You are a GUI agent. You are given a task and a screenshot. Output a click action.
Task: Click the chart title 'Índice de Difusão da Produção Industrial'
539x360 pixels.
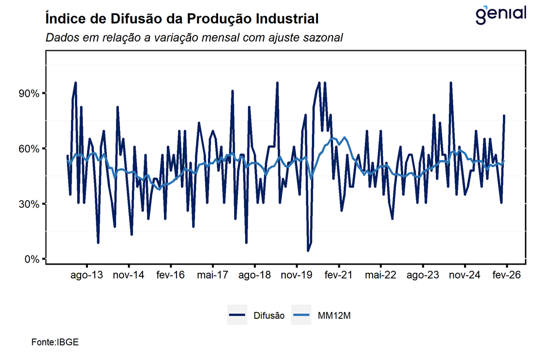coord(181,19)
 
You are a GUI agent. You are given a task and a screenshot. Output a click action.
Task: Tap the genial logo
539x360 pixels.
coord(501,15)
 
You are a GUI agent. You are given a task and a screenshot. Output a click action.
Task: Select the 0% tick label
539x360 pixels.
coord(31,260)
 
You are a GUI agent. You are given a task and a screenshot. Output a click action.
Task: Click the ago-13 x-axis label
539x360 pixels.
coord(87,275)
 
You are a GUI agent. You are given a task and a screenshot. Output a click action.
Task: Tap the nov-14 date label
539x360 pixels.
coord(129,275)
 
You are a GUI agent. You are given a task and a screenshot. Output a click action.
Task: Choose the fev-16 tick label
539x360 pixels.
coord(171,275)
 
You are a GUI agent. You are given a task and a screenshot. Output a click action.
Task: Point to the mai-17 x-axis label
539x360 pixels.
coord(213,275)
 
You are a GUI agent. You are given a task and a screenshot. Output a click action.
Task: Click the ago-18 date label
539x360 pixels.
coord(255,275)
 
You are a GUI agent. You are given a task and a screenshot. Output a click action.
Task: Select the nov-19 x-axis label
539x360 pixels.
coord(297,275)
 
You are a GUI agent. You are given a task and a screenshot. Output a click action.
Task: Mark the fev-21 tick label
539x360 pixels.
coord(339,275)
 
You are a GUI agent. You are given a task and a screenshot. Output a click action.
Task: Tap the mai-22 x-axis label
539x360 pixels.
coord(381,275)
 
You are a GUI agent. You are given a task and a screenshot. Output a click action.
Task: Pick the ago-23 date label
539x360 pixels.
coord(423,275)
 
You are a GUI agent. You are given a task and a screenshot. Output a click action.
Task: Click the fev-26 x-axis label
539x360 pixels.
coord(506,275)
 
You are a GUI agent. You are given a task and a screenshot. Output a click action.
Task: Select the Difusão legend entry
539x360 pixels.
coord(257,315)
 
